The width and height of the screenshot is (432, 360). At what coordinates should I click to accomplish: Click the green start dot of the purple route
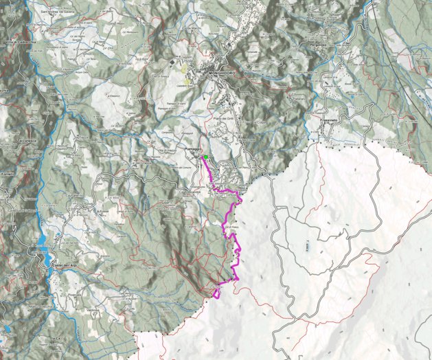[x=205, y=157]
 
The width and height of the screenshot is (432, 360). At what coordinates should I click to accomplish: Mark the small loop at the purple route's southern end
[x=216, y=294]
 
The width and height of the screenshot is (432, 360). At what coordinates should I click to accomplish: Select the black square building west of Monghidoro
[x=171, y=62]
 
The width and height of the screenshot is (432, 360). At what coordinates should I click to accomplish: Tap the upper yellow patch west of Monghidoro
[x=184, y=69]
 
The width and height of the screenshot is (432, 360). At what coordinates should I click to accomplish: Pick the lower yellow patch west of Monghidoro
[x=187, y=81]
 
